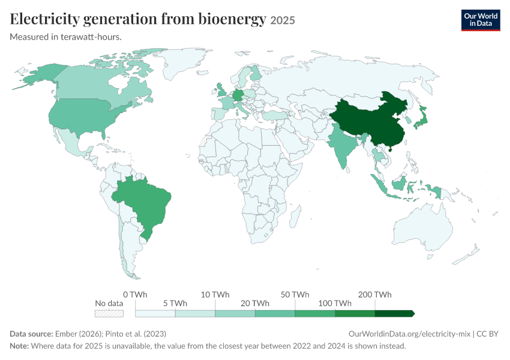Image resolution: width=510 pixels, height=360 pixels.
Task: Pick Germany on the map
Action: click(x=238, y=95)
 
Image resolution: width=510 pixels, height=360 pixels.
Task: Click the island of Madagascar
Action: click(x=295, y=215)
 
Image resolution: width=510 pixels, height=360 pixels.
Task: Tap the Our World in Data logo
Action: click(x=481, y=20)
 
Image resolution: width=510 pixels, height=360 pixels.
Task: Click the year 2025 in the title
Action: click(x=283, y=20)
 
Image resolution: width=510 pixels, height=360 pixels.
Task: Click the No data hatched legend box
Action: click(x=109, y=313)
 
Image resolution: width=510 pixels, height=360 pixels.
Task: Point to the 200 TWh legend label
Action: click(x=374, y=295)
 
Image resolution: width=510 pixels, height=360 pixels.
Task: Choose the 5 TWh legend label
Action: click(x=175, y=304)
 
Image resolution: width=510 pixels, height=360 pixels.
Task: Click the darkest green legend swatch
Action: click(x=395, y=313)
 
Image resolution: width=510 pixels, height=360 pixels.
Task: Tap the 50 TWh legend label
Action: click(x=295, y=295)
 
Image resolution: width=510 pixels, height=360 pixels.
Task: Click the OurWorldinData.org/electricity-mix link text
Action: click(x=409, y=334)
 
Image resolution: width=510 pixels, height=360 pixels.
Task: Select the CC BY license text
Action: click(x=487, y=334)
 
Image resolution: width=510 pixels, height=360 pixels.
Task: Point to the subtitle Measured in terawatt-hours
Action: click(x=66, y=37)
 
